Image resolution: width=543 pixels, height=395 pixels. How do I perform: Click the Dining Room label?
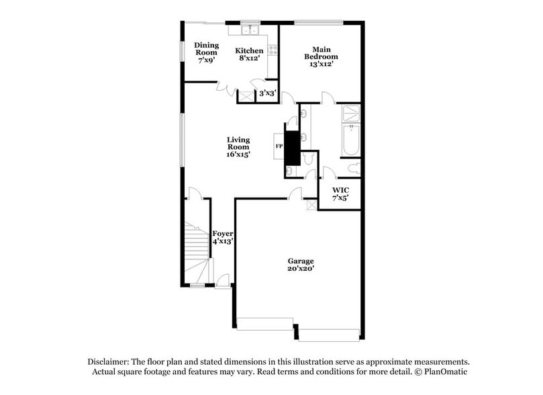coord(207,52)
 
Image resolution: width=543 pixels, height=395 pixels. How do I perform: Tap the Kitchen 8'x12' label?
coord(249,54)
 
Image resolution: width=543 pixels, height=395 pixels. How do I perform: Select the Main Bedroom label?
coord(322,56)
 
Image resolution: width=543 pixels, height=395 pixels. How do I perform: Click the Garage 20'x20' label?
coord(301,265)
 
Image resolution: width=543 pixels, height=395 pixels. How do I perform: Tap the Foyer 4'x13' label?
coord(223,237)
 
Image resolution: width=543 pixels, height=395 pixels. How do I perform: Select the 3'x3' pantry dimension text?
coord(268,94)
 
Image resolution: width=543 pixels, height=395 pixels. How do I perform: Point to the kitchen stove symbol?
coord(273,48)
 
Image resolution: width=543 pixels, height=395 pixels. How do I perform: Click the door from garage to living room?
coord(295,194)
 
